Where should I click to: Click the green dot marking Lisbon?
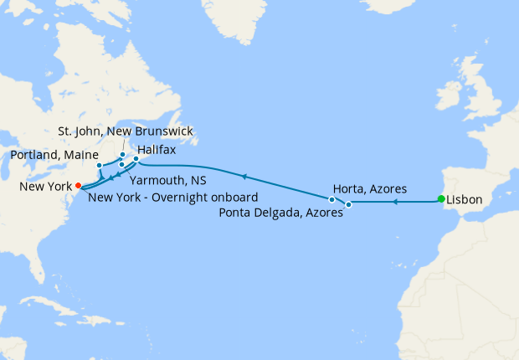pos(441,198)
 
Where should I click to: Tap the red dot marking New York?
pos(78,185)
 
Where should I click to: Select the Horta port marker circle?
pos(332,199)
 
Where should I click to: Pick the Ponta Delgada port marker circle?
pos(349,204)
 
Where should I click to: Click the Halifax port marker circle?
pos(136,158)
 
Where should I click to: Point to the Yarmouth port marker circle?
pos(122,164)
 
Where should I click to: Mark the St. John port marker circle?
pos(122,155)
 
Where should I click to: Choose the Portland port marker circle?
pos(99,165)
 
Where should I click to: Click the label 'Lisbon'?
pos(465,200)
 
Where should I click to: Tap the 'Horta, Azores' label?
pos(370,188)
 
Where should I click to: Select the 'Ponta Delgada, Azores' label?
pos(281,213)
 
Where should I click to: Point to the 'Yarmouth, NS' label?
pos(169,180)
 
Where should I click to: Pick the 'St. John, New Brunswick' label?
pos(125,131)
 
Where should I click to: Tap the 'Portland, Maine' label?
pos(52,156)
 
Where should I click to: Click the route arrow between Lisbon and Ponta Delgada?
pos(395,202)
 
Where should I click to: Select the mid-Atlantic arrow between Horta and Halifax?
pos(244,177)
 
